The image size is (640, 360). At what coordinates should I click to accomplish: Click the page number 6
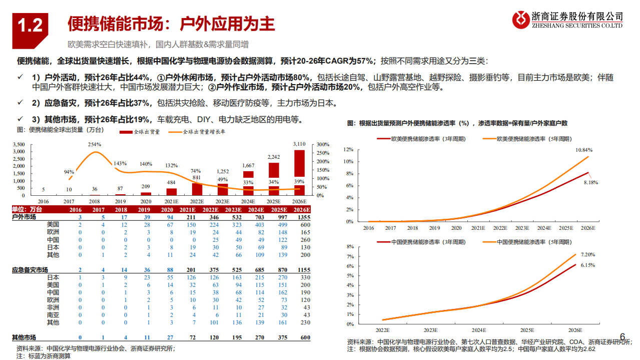(622, 336)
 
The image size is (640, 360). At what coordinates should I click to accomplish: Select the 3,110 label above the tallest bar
(299, 144)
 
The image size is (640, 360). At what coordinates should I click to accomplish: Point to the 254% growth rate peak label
(95, 144)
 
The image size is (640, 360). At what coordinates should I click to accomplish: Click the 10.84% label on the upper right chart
(584, 150)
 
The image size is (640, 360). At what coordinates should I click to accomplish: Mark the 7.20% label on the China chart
(588, 254)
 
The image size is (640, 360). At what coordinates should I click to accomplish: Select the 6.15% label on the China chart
(588, 265)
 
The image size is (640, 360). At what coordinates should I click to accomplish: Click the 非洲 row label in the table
(53, 307)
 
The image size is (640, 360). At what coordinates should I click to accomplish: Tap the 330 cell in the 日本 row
(305, 277)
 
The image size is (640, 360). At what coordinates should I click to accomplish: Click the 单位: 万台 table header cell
(27, 209)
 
